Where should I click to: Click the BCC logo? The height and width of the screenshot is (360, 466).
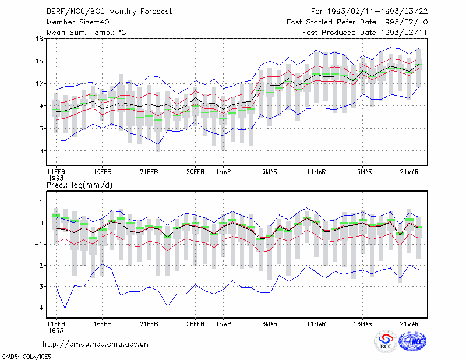pyautogui.click(x=386, y=341)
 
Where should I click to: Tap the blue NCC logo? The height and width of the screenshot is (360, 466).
pyautogui.click(x=412, y=341)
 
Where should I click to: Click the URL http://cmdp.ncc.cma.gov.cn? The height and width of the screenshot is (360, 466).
pyautogui.click(x=96, y=344)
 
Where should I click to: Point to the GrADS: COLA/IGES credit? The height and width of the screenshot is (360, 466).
pyautogui.click(x=26, y=357)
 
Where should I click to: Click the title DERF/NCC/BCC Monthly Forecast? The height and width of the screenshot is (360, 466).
pyautogui.click(x=109, y=12)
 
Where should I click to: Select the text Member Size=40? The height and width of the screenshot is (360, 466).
pyautogui.click(x=78, y=22)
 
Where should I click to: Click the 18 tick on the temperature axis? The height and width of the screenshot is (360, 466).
pyautogui.click(x=39, y=38)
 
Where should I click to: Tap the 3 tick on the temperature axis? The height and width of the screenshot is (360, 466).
pyautogui.click(x=41, y=151)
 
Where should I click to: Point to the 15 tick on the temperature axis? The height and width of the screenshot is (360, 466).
pyautogui.click(x=39, y=61)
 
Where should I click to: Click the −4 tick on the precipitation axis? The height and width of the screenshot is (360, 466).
pyautogui.click(x=38, y=308)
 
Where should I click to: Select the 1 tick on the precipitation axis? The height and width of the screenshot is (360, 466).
pyautogui.click(x=41, y=202)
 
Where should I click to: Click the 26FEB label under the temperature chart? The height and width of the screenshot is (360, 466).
pyautogui.click(x=195, y=172)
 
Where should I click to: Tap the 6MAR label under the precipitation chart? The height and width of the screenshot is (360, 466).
pyautogui.click(x=270, y=324)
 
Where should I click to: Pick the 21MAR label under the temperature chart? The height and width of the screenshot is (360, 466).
pyautogui.click(x=409, y=172)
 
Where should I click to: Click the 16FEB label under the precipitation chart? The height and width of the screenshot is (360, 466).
pyautogui.click(x=103, y=324)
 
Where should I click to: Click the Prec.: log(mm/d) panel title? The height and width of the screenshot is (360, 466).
pyautogui.click(x=79, y=185)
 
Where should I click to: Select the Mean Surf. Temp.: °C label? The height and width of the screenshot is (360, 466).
pyautogui.click(x=86, y=33)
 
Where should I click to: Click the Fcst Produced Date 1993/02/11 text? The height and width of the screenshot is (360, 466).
pyautogui.click(x=365, y=33)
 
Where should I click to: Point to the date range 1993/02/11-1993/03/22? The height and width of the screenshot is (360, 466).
pyautogui.click(x=377, y=12)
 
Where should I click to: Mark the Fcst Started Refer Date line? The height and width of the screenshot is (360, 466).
pyautogui.click(x=357, y=22)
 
